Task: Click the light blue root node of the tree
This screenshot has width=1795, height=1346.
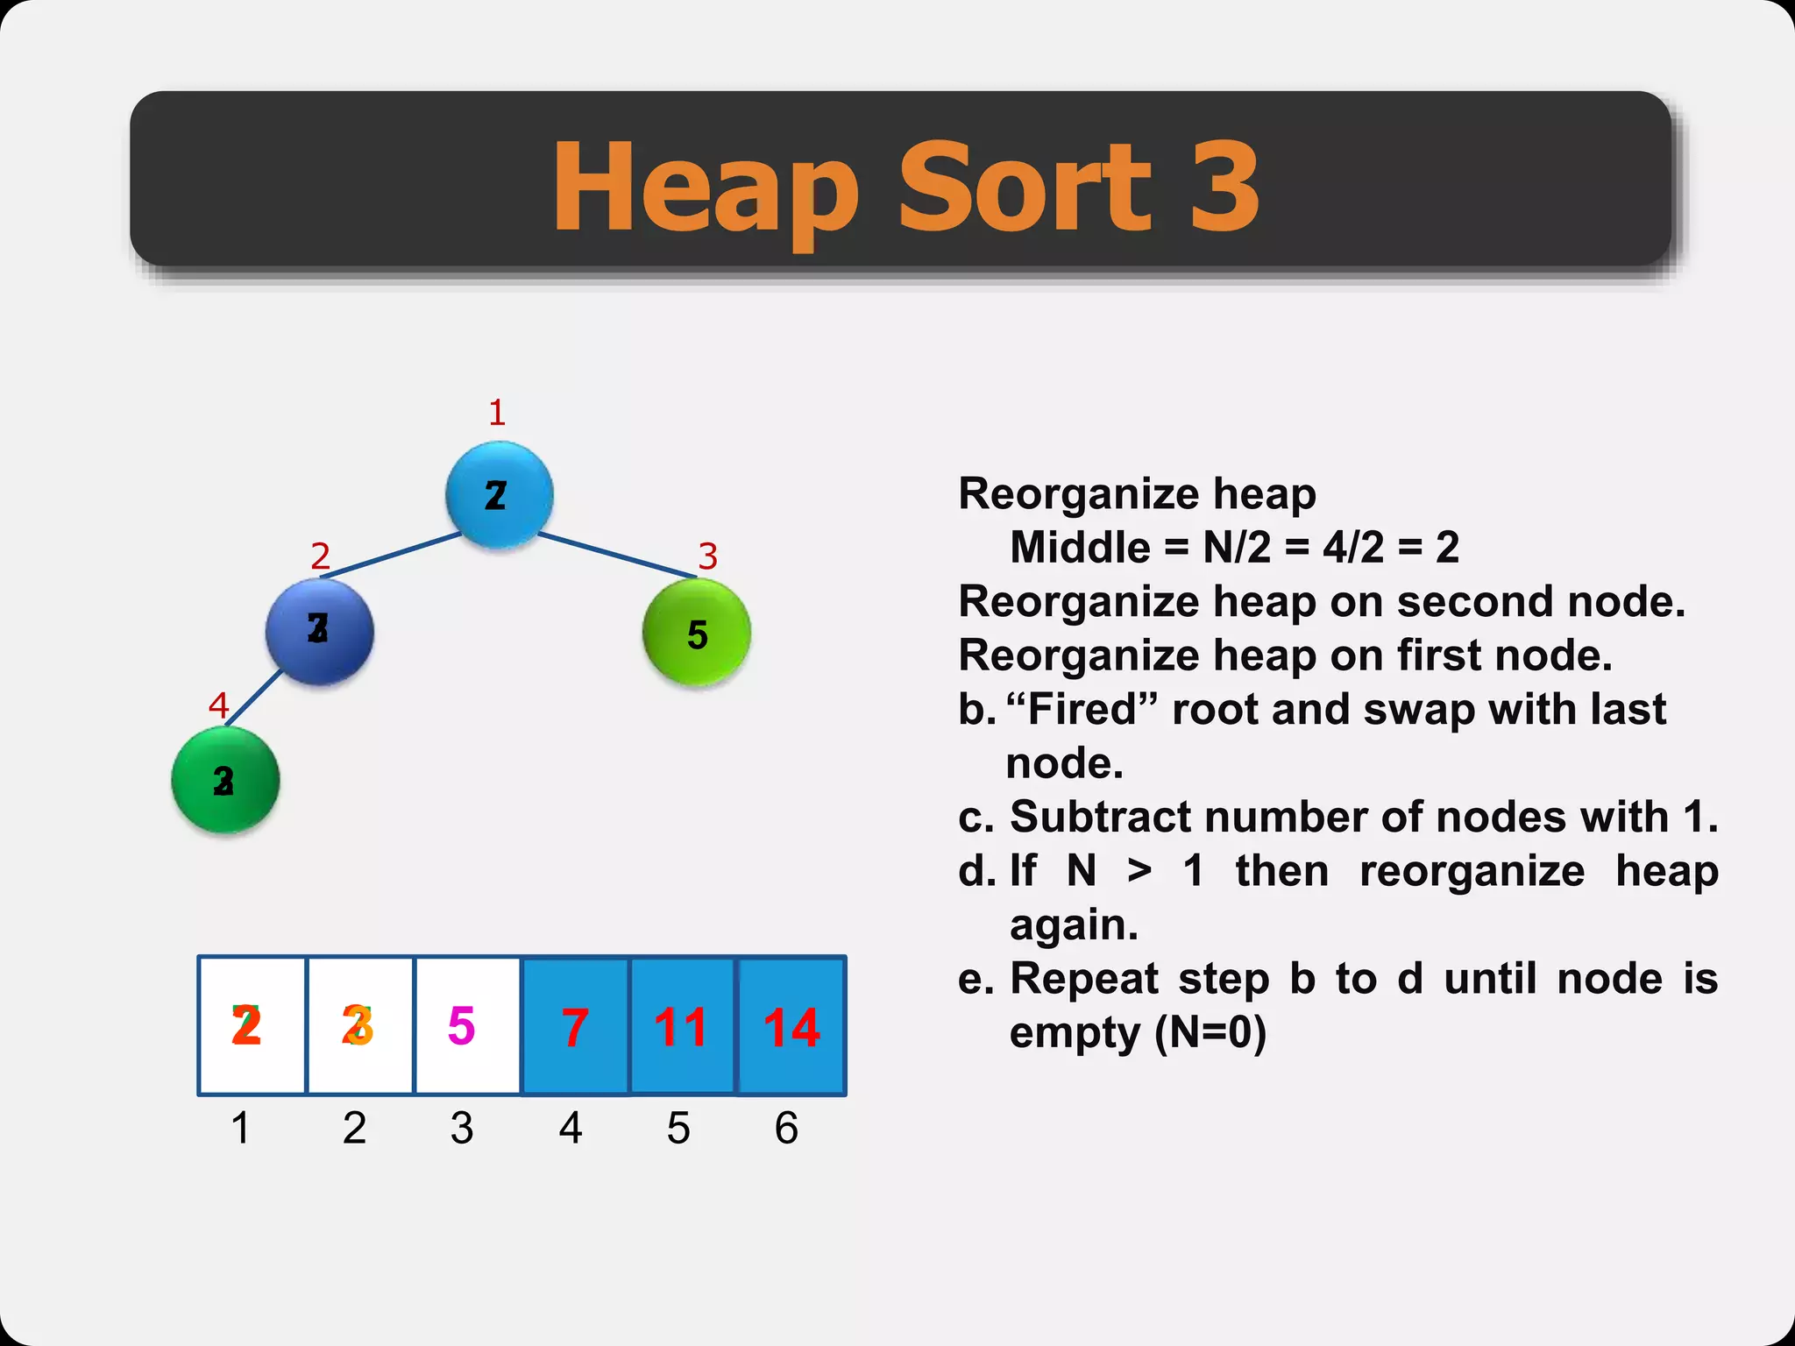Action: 499,495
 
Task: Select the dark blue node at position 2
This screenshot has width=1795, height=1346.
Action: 320,631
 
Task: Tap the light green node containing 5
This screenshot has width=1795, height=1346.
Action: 697,633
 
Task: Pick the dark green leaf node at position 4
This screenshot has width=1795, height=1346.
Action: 225,780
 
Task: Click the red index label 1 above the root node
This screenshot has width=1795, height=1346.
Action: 497,412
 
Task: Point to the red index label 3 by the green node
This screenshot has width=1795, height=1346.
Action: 708,556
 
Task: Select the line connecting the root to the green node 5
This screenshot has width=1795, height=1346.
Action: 618,555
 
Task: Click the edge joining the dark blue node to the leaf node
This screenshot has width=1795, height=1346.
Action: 254,698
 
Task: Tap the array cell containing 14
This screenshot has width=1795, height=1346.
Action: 791,1026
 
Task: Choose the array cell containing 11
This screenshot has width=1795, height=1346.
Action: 682,1026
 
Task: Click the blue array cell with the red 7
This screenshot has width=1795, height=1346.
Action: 575,1026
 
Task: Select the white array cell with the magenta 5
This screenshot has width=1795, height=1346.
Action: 466,1026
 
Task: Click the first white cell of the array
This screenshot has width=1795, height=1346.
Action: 252,1026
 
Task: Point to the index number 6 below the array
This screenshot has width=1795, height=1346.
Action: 786,1128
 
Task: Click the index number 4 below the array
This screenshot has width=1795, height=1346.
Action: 571,1128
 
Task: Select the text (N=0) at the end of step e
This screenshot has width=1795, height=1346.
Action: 1210,1033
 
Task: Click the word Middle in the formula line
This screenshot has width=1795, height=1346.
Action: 1080,548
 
